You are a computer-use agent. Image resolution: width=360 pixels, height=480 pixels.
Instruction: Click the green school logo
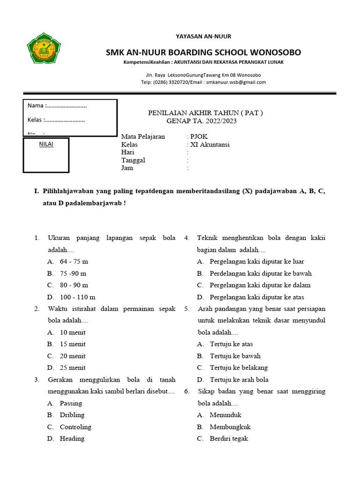coord(44,48)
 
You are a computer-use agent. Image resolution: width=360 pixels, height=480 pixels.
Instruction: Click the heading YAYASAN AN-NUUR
coord(203,36)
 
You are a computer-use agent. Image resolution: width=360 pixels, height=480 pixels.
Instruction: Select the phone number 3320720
coord(177,82)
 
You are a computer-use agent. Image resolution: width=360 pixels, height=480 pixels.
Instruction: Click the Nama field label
coord(36,105)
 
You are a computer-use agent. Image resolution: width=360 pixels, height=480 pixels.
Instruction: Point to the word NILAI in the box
coord(45,144)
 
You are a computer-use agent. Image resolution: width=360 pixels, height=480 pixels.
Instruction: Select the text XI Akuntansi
coord(210,145)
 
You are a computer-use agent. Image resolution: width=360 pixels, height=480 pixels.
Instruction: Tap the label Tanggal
coord(133,160)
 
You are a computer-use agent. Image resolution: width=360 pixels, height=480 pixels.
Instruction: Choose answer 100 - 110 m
coord(77,297)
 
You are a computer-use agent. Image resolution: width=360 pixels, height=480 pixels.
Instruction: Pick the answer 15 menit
coord(73,344)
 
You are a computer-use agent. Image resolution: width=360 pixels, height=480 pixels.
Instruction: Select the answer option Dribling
coord(72,415)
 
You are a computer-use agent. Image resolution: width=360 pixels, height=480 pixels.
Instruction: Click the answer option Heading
coord(72,439)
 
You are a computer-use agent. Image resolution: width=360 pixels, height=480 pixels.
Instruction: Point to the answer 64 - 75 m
coord(74,262)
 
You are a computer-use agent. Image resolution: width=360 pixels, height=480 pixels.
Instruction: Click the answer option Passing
coord(71,403)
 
